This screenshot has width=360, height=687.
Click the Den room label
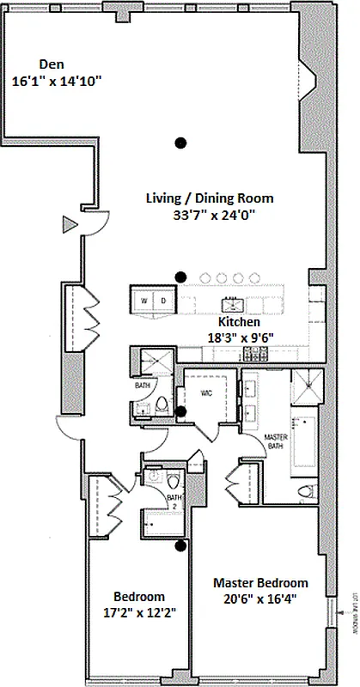tap(52, 64)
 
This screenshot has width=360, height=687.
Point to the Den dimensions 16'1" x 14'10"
tap(58, 82)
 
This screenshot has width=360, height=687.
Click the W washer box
tap(143, 301)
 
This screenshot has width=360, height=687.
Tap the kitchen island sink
tap(233, 304)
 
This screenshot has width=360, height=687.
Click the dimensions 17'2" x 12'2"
tap(139, 615)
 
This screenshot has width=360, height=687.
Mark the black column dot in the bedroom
tap(180, 544)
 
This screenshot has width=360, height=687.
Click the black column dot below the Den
tap(180, 142)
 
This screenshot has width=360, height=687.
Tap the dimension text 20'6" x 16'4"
tap(260, 601)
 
